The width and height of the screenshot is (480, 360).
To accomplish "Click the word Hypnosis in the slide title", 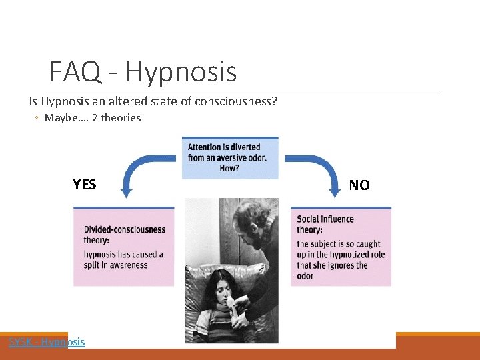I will pos(180,72).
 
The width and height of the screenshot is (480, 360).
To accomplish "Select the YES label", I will pos(85,185).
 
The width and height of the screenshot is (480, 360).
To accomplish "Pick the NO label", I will pos(359,185).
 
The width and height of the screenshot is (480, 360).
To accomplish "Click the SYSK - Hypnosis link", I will pos(47,342).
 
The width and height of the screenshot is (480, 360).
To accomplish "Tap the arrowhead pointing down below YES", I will pos(126,193).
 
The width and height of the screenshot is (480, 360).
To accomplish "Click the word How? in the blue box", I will pos(229,169).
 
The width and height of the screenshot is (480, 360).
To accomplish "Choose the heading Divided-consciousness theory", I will pos(125,235).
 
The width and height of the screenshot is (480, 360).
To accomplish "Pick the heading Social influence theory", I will pos(325,224).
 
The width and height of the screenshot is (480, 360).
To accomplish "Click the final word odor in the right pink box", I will pos(305,276).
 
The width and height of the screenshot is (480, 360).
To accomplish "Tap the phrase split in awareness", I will pos(116,265).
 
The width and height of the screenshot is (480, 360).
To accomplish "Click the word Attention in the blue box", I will pos(206,147).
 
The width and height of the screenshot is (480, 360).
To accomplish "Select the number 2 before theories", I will pos(95,118).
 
